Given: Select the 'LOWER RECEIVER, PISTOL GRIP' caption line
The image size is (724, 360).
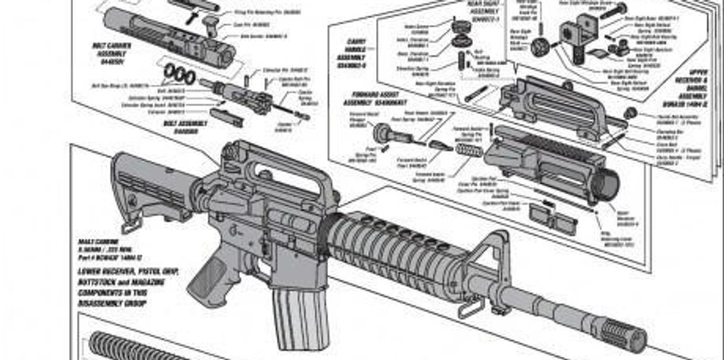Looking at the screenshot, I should tap(128, 272).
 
